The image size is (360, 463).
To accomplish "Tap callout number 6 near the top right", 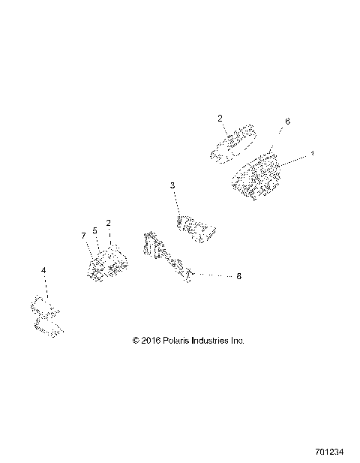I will [x=288, y=121].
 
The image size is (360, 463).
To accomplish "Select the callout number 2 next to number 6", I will [x=220, y=119].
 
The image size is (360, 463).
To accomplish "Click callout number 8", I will [x=238, y=276].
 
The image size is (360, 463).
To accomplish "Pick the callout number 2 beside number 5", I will [x=109, y=223].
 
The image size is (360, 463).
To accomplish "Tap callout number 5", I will [x=95, y=230].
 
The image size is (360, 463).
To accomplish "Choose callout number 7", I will [x=83, y=236].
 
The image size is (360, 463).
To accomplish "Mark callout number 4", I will [x=43, y=269].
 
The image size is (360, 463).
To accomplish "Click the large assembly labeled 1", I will [x=256, y=176].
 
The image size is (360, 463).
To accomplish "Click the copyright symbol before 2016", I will [x=136, y=340].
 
